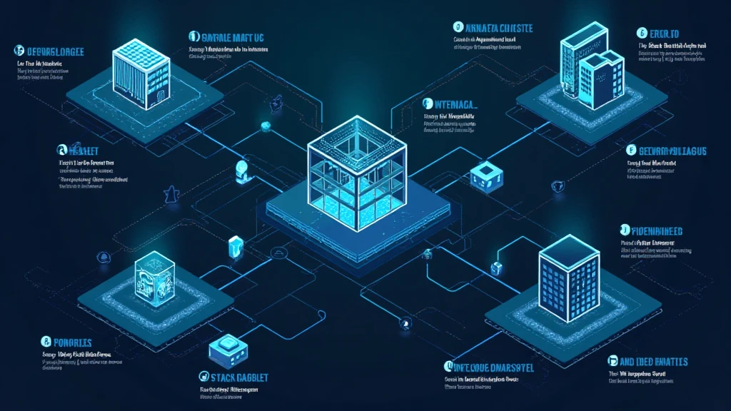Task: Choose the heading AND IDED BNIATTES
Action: click(653, 362)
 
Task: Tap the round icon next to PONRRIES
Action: click(46, 342)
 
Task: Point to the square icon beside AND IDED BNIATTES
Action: click(612, 362)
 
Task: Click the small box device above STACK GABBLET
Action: click(228, 347)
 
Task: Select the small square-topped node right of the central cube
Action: click(484, 173)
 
